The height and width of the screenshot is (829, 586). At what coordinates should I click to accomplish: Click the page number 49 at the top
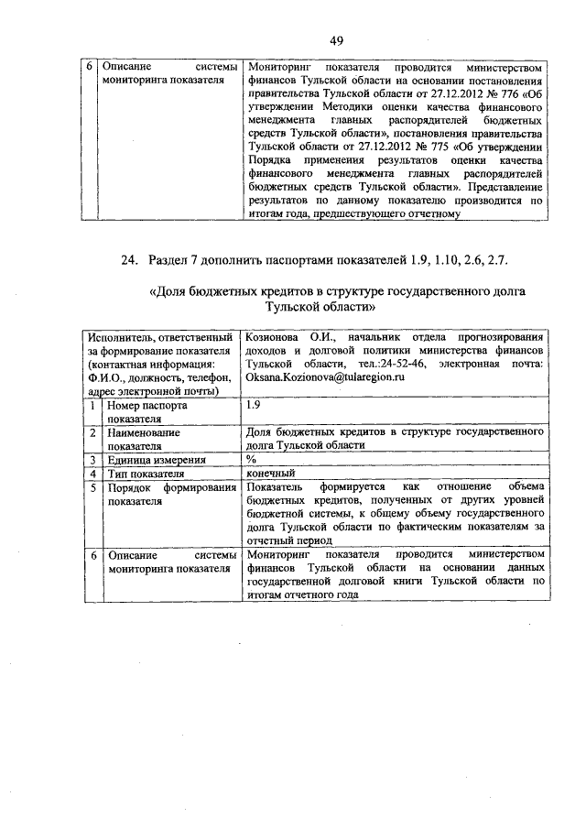[337, 40]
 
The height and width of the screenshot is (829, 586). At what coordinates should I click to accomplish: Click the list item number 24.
[130, 261]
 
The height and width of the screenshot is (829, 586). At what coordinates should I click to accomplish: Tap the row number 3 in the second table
[92, 460]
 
